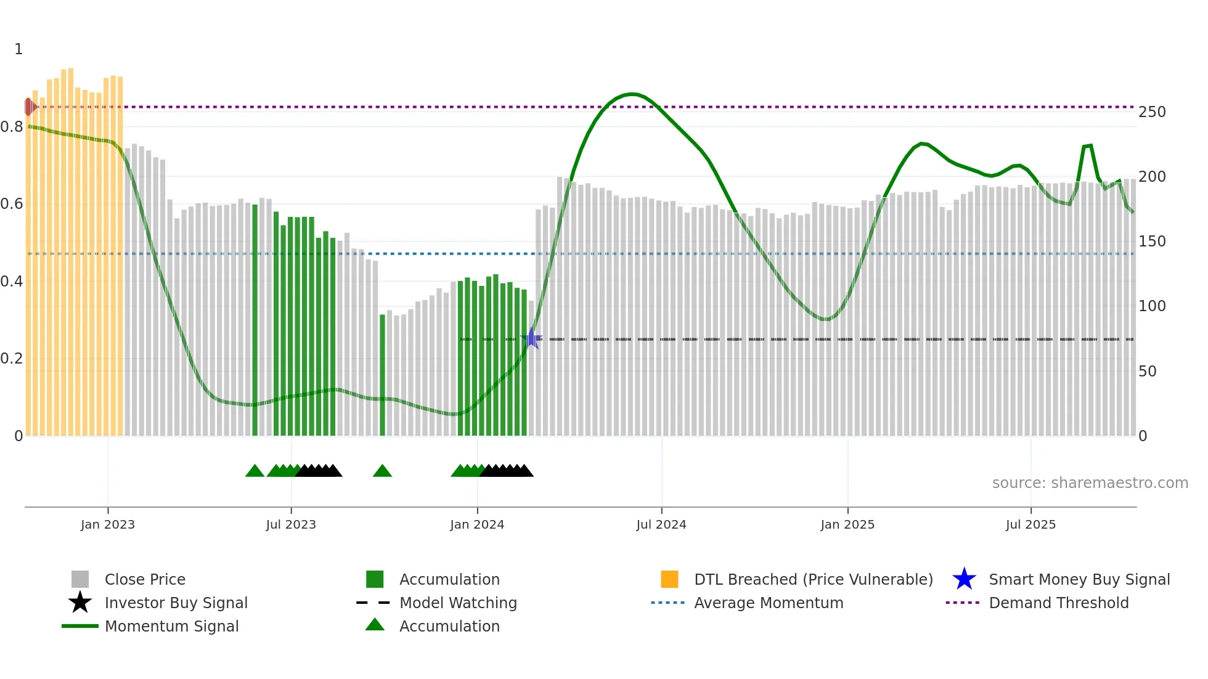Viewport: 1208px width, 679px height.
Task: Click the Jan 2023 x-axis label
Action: (x=108, y=524)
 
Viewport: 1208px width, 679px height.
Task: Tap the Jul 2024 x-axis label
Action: (x=661, y=524)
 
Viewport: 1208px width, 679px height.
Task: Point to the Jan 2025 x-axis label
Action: (x=847, y=524)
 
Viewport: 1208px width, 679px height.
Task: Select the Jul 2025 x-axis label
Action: (x=1030, y=524)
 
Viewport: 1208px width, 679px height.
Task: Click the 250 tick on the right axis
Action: (x=1152, y=112)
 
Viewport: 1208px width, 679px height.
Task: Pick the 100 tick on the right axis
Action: (x=1152, y=306)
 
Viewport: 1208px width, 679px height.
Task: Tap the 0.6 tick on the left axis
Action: (x=12, y=204)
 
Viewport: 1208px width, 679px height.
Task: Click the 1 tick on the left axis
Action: (x=18, y=49)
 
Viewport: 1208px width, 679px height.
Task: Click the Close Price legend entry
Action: (x=145, y=579)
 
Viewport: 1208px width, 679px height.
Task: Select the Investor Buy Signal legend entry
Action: (x=176, y=603)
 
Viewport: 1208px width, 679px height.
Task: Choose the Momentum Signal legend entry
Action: (x=171, y=626)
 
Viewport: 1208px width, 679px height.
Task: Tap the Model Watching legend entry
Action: (x=458, y=603)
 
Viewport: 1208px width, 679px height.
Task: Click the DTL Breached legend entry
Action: (x=813, y=579)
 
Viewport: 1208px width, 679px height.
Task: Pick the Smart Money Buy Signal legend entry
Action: (x=1079, y=579)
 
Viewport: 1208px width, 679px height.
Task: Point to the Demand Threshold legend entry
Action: (x=1058, y=603)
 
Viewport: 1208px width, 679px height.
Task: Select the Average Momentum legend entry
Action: (x=769, y=603)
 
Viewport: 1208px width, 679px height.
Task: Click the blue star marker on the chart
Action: (x=531, y=339)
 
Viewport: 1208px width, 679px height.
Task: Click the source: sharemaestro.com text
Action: (x=1090, y=483)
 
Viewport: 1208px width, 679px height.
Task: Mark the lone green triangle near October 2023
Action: (x=382, y=471)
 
